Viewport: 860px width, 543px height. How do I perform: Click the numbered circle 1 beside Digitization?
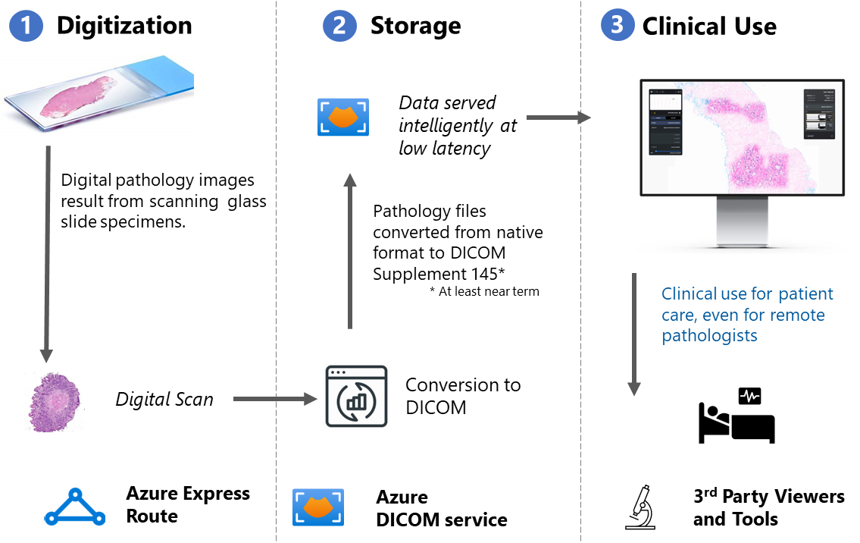[27, 26]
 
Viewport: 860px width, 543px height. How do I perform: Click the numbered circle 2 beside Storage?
[339, 26]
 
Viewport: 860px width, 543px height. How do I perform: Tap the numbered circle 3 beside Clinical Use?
[617, 25]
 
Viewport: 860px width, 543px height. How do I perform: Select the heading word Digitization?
[124, 26]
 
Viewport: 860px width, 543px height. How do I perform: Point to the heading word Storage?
[415, 26]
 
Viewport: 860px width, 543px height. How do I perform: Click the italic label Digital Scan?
[164, 399]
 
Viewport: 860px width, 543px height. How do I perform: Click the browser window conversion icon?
[356, 396]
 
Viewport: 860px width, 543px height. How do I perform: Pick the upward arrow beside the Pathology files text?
[349, 250]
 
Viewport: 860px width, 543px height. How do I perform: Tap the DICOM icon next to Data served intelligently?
[343, 118]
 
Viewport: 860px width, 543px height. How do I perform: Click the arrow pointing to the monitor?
[558, 118]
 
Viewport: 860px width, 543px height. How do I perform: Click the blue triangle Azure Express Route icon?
[74, 507]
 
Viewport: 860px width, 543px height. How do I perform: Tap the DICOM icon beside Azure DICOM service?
[318, 507]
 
